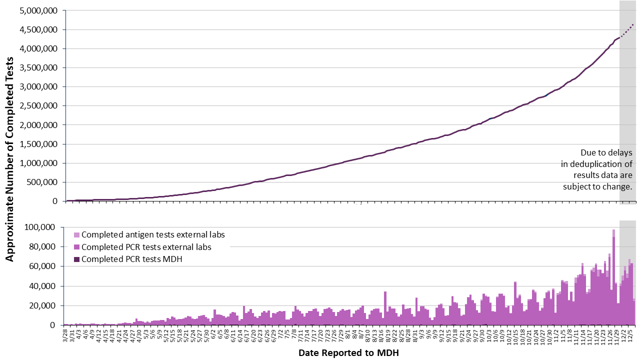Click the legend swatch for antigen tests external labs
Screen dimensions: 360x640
click(x=76, y=234)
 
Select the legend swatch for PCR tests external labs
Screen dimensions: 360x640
click(x=76, y=247)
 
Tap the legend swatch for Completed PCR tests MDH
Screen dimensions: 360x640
click(x=76, y=259)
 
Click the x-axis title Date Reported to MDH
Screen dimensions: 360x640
click(x=348, y=353)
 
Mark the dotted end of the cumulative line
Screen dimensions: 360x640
click(x=633, y=24)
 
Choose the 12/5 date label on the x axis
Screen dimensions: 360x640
click(x=631, y=335)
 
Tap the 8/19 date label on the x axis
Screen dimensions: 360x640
click(x=387, y=335)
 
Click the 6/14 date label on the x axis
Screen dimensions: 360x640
click(x=240, y=335)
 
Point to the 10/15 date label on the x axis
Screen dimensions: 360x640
click(x=515, y=335)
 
